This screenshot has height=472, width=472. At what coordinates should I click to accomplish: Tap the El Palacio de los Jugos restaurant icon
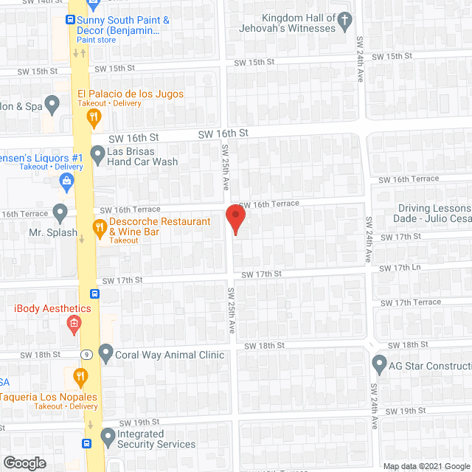coord(94,116)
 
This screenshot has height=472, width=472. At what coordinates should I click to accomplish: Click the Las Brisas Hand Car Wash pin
coord(97,155)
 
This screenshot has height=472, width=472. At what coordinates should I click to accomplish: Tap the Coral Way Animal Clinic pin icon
coord(105,354)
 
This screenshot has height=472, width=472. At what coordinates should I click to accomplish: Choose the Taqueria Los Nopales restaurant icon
coord(80,378)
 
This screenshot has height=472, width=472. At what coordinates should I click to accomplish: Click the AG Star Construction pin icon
coord(379,364)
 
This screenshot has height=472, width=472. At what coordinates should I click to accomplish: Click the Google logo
coord(24,463)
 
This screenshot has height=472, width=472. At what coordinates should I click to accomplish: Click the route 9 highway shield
coord(86,353)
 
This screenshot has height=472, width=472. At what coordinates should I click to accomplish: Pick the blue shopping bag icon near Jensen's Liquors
coord(67,181)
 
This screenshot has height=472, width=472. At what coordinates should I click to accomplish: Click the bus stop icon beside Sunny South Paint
coord(71,21)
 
